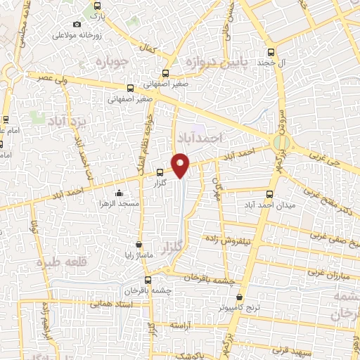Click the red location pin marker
pyautogui.click(x=181, y=164)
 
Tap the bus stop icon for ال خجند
pyautogui.click(x=272, y=51)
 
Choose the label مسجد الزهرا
pyautogui.click(x=119, y=203)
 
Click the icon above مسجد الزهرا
pyautogui.click(x=119, y=193)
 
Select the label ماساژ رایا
pyautogui.click(x=139, y=255)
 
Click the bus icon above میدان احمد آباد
pyautogui.click(x=271, y=195)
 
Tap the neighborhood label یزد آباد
pyautogui.click(x=67, y=122)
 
